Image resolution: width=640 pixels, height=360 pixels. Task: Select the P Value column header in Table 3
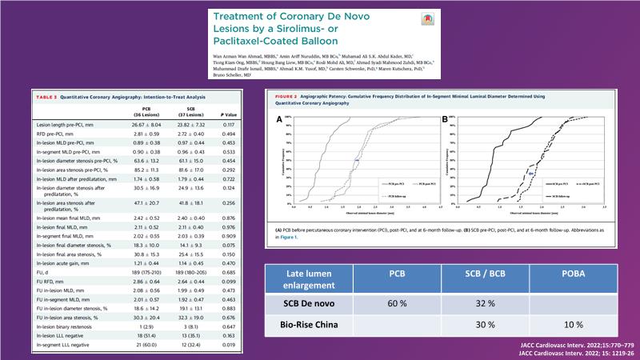pyautogui.click(x=228, y=113)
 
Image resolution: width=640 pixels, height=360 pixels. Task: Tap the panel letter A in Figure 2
pyautogui.click(x=278, y=119)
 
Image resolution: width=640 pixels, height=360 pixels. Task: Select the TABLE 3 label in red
pyautogui.click(x=53, y=96)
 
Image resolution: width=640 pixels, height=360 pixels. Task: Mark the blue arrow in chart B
pyautogui.click(x=530, y=172)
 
